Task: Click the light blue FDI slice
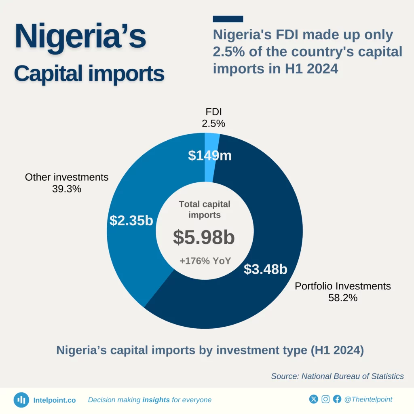pos(211,142)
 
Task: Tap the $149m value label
pos(210,156)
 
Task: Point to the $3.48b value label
pos(265,269)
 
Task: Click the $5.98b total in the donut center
pos(204,238)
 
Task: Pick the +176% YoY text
pos(205,261)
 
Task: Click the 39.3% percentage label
pos(67,188)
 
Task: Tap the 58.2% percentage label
pos(343,298)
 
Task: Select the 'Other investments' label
pos(67,177)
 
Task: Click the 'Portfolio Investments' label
pos(343,286)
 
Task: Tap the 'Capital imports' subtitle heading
pos(89,74)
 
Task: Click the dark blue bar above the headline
pos(228,19)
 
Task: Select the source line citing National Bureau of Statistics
pos(337,376)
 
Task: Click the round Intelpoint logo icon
pos(21,400)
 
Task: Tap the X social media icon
pos(313,399)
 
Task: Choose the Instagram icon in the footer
pos(325,399)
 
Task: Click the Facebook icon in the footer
pos(337,399)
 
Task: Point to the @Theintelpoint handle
pos(368,399)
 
